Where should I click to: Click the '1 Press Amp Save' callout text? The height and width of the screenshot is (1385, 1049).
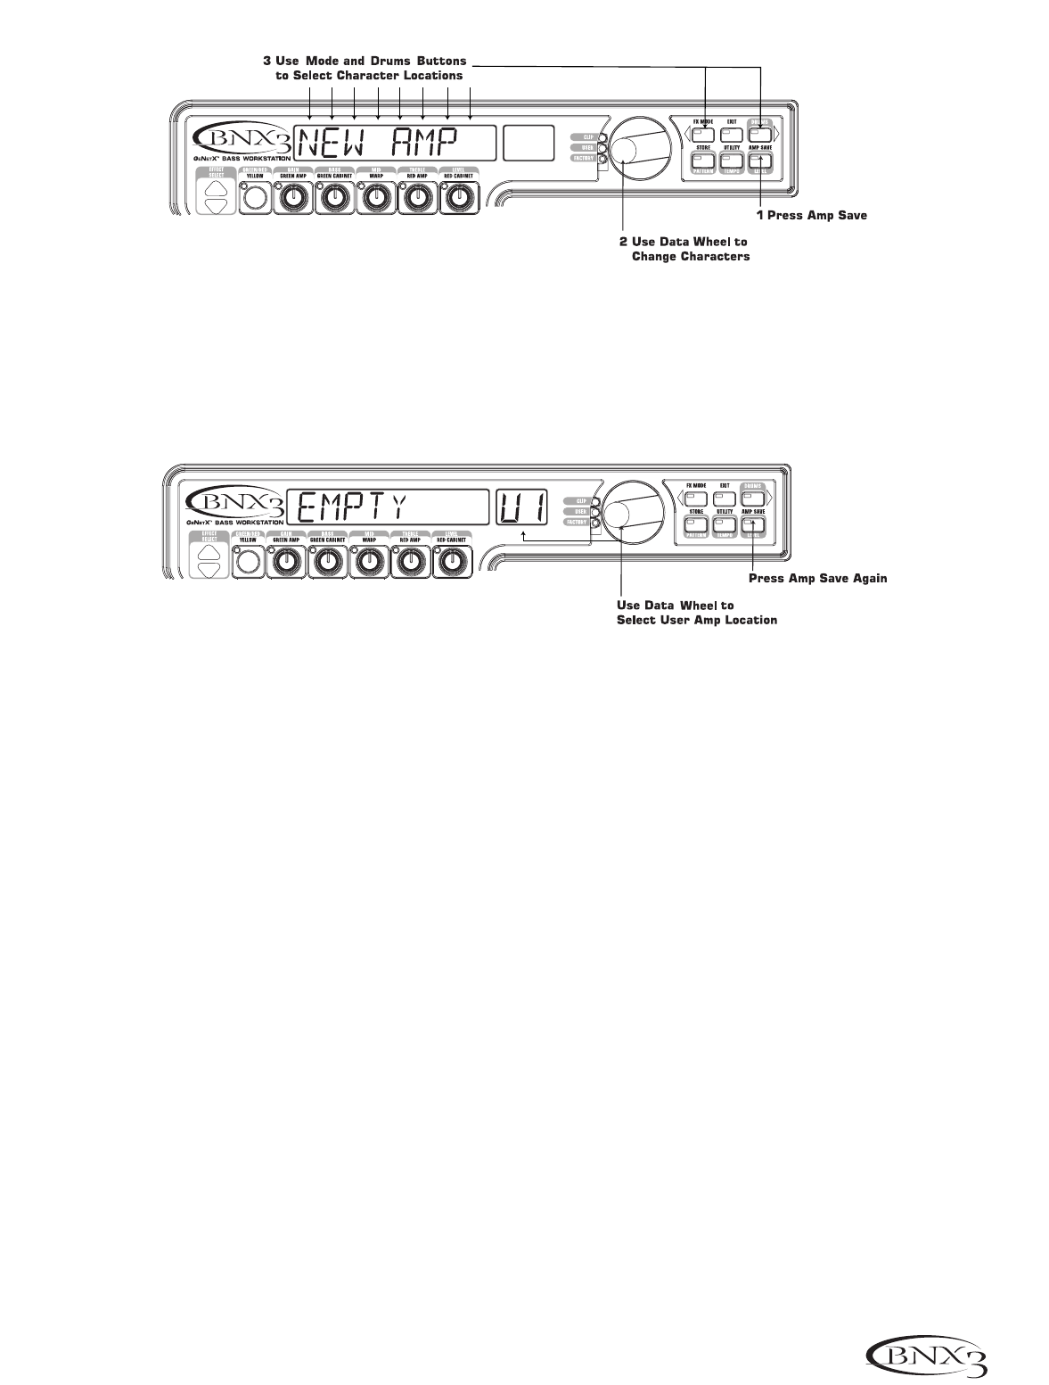(805, 215)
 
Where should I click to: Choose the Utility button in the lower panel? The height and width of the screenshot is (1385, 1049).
(725, 525)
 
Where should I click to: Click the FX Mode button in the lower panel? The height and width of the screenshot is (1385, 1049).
(696, 498)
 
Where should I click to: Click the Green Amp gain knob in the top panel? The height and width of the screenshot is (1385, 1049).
(291, 198)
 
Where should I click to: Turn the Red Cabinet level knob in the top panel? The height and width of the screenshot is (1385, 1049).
(457, 198)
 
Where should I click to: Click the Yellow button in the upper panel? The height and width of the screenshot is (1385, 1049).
(255, 198)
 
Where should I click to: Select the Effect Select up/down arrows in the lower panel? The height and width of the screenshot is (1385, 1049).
(211, 559)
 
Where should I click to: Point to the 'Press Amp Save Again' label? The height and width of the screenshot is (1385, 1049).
(817, 579)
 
